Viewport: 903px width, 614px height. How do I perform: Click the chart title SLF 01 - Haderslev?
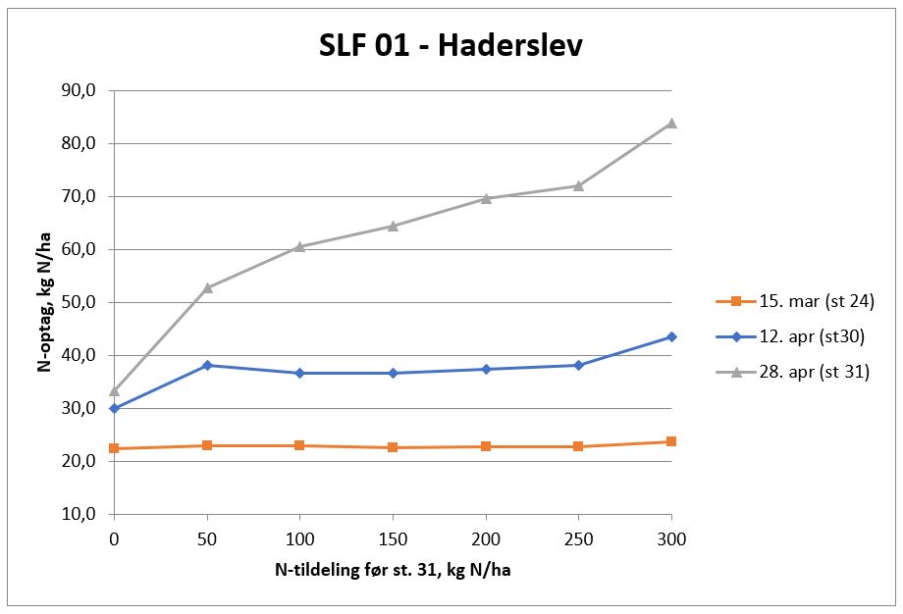coord(451,46)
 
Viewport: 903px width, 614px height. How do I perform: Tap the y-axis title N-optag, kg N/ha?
coord(45,301)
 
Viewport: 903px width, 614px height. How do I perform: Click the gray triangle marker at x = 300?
coord(671,123)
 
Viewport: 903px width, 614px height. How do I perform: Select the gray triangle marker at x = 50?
coord(207,287)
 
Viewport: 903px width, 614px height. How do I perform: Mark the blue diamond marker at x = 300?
coord(671,336)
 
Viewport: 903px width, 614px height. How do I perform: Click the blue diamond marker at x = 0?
coord(115,408)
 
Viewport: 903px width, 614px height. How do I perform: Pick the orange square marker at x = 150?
coord(393,447)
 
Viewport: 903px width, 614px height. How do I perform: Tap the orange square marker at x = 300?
coord(671,441)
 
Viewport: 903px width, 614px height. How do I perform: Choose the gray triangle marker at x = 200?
coord(486,198)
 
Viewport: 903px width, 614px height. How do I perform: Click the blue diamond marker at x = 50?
coord(207,365)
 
